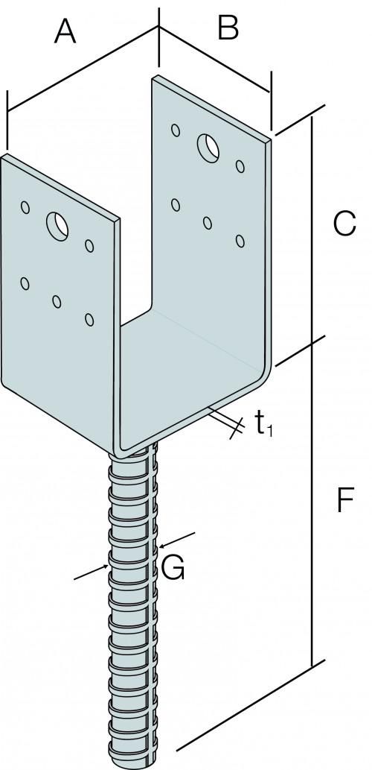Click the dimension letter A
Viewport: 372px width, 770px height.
65,32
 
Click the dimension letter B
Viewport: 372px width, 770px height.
228,28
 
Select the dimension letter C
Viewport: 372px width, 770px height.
344,224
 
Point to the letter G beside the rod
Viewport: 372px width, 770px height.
173,568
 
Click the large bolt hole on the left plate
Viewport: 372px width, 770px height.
57,227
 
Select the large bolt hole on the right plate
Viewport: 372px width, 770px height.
208,148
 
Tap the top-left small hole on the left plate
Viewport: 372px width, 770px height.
25,207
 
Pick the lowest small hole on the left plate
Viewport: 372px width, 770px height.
89,320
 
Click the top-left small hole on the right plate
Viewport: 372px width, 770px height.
176,130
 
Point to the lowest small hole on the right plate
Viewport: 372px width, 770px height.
240,241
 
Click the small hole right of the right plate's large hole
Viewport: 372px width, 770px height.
240,166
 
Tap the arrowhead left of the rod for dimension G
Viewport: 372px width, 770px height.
106,567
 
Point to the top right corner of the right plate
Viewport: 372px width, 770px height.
270,139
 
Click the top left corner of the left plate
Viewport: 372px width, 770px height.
2,156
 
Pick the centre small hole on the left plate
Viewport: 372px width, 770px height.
57,302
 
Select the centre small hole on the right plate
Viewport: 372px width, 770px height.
208,223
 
